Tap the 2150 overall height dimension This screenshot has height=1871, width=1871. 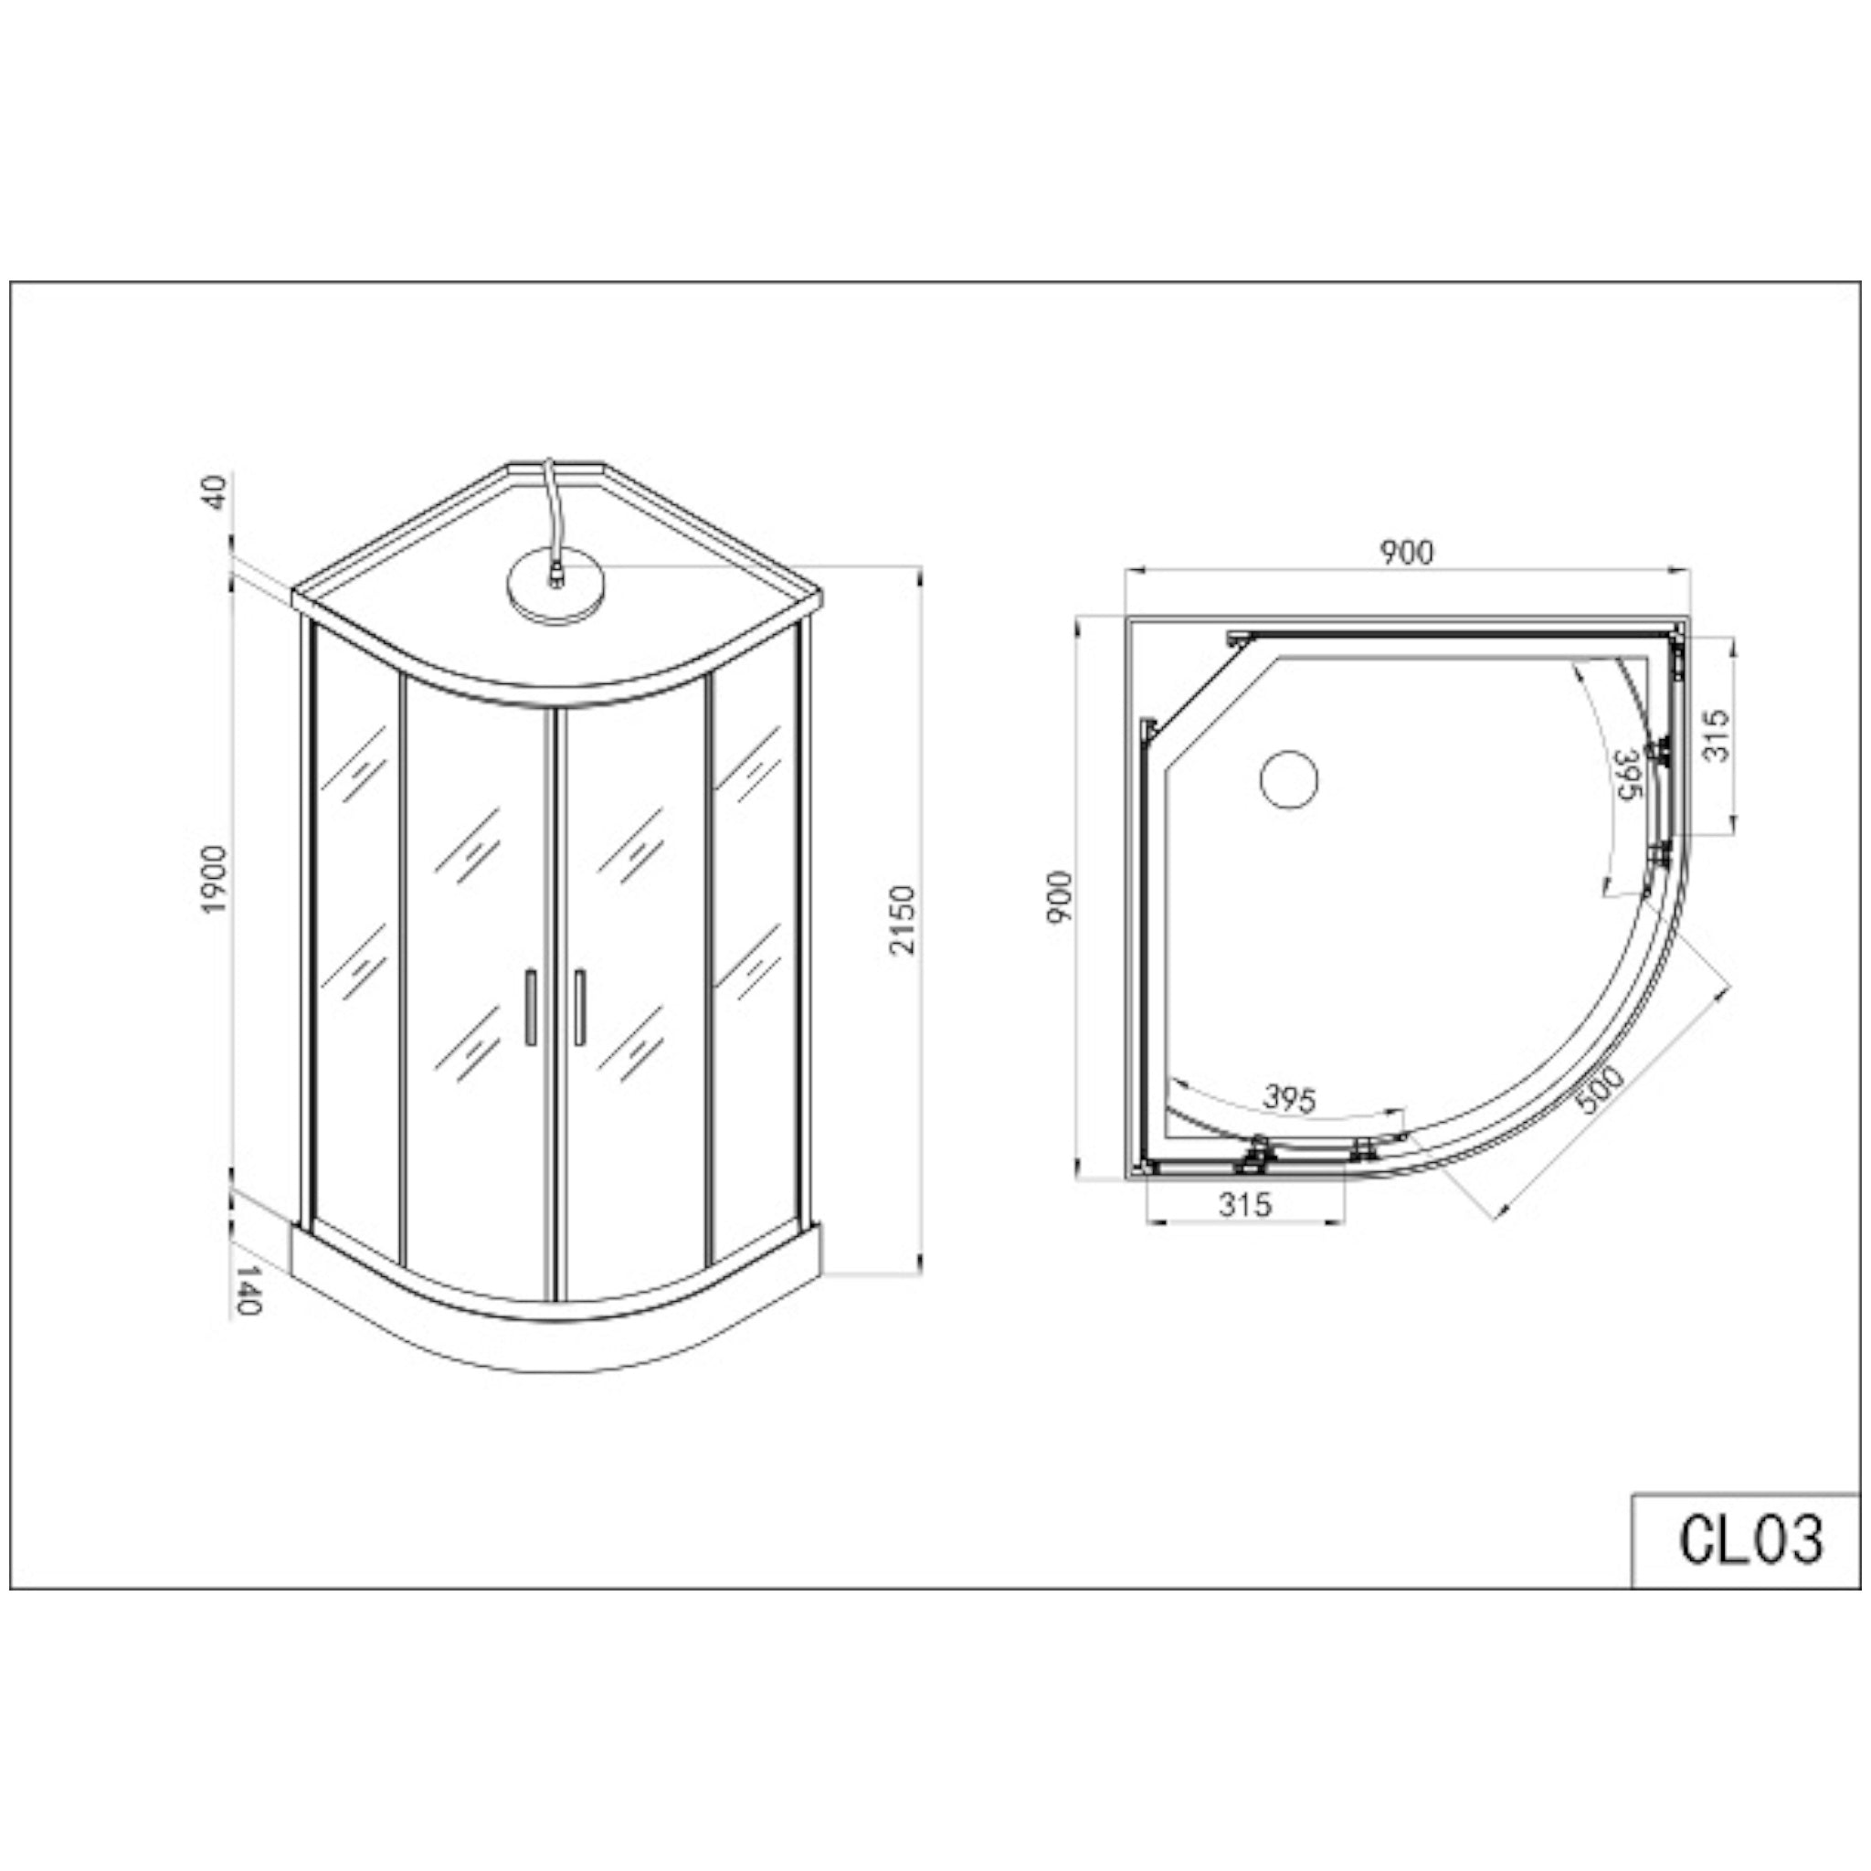pos(902,919)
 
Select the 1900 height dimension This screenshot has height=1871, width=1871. pos(212,880)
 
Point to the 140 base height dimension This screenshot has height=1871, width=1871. pos(248,1289)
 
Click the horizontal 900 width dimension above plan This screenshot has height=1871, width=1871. pos(1406,552)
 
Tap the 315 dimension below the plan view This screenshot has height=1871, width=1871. pos(1244,1204)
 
